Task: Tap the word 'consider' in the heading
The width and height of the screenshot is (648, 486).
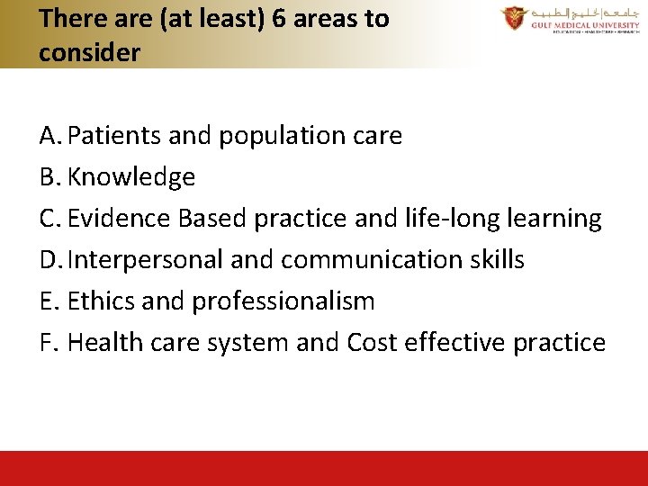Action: click(x=90, y=53)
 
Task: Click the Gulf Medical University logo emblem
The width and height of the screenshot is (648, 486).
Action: click(x=515, y=18)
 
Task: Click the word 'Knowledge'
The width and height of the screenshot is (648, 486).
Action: click(x=131, y=178)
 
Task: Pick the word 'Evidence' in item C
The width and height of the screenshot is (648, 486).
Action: click(x=120, y=219)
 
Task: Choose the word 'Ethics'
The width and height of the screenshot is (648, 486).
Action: click(x=100, y=301)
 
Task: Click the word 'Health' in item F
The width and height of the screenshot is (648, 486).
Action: click(x=104, y=343)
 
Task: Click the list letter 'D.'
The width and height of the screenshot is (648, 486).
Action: click(x=50, y=260)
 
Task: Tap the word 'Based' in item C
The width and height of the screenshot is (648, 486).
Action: click(x=212, y=219)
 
